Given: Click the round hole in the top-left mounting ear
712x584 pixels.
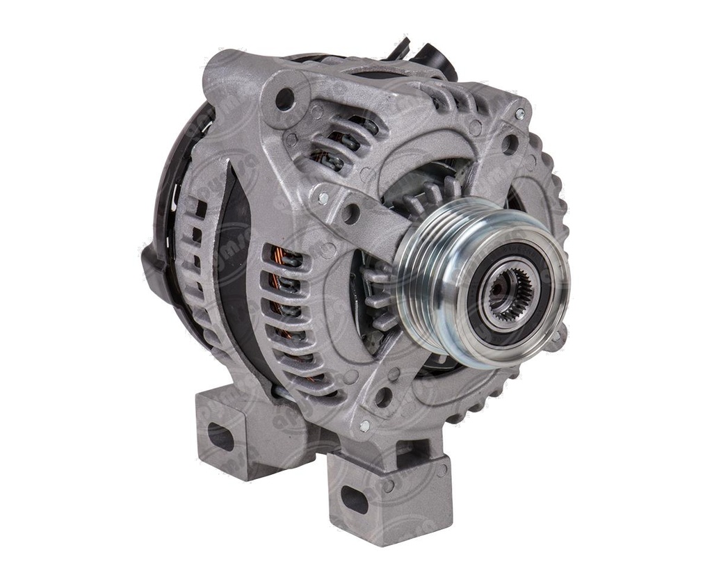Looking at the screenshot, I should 284,99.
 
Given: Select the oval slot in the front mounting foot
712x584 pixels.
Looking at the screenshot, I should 355,498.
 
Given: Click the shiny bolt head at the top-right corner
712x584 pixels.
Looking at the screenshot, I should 519,113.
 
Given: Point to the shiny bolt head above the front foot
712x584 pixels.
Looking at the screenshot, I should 364,425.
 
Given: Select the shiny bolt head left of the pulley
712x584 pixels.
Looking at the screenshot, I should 323,197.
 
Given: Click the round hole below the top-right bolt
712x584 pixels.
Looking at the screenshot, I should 510,144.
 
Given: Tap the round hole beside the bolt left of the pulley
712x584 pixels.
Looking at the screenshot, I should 350,213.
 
